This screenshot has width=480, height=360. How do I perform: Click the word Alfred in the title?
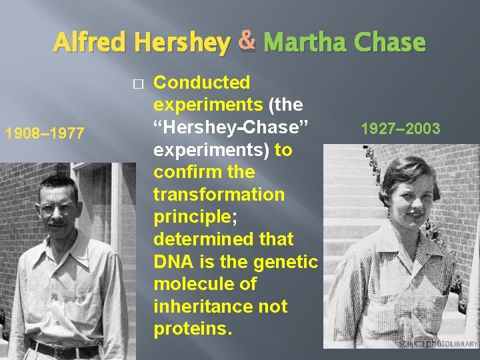point(91,43)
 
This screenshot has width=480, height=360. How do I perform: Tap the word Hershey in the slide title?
point(181,43)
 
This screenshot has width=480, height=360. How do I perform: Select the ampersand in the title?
point(247,41)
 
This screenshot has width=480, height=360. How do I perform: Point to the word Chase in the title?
point(390,43)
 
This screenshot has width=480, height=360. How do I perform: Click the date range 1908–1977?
point(45,133)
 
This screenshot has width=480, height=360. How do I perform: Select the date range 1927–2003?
point(400,128)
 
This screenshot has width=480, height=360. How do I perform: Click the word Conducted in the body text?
point(201,83)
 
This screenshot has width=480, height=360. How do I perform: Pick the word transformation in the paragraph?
point(219,195)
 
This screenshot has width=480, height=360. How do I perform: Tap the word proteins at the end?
point(191,329)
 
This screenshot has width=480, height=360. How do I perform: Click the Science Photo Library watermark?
point(438,343)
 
